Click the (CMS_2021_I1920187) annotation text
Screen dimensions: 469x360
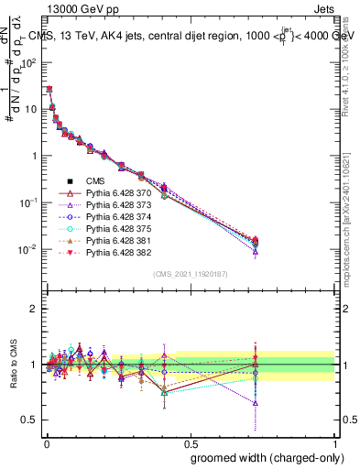coord(190,274)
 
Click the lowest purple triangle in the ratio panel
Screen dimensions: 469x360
coord(256,403)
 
